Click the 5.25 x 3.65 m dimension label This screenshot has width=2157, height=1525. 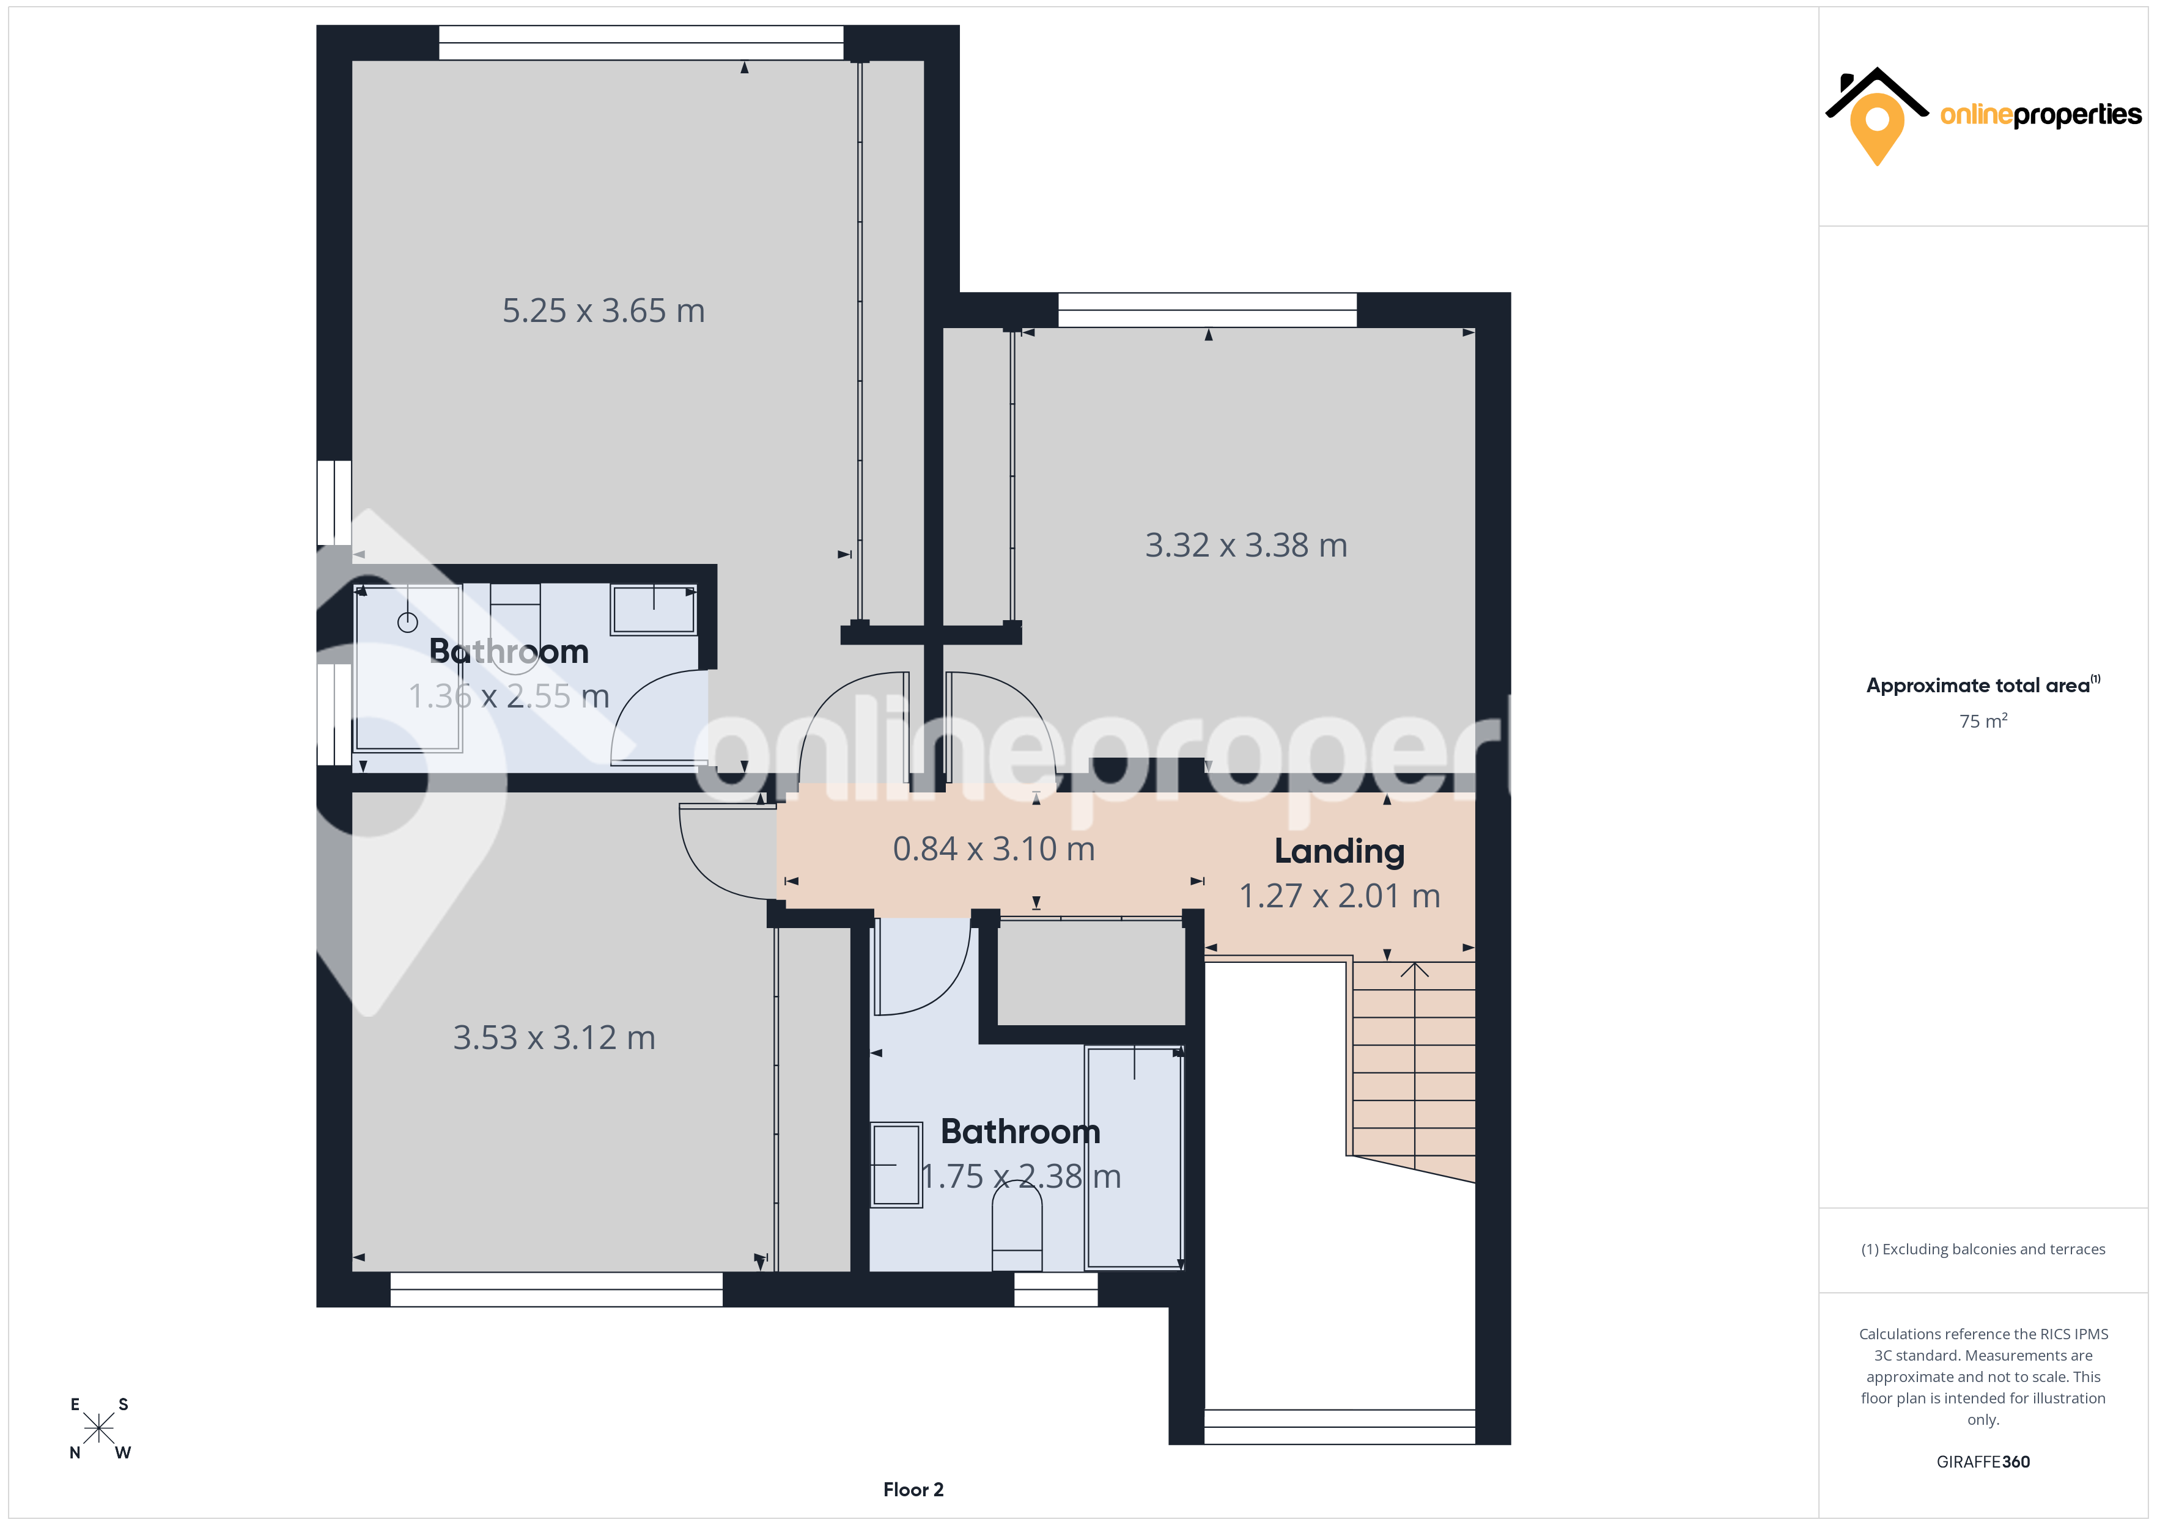603,311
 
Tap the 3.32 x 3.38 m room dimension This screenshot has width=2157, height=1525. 1246,546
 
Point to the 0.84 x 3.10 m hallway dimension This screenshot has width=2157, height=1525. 994,849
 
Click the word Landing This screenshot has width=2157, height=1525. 1340,852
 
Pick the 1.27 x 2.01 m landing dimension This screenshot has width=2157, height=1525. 1340,896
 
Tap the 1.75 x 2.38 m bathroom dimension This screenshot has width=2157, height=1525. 1021,1177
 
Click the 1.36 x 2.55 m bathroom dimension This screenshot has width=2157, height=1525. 509,697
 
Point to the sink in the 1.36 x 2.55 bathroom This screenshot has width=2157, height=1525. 654,609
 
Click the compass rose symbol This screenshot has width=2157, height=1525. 98,1428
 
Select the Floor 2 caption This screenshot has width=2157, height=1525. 913,1490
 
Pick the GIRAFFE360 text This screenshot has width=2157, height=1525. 1983,1462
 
